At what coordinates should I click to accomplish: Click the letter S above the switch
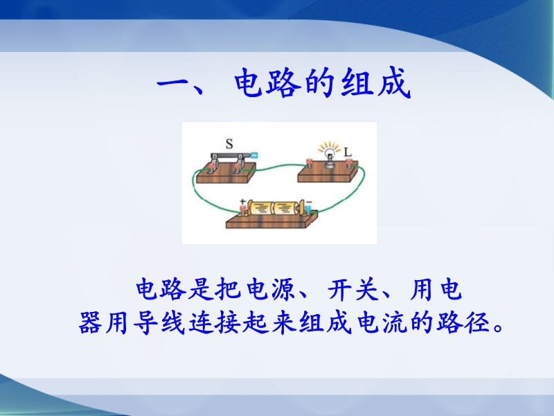[229, 144]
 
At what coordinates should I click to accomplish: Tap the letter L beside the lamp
[348, 152]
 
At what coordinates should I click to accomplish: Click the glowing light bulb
[330, 155]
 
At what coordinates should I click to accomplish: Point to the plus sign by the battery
[243, 202]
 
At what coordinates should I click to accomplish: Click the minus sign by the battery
[309, 202]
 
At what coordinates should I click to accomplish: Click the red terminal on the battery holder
[244, 210]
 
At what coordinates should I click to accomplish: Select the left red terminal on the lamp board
[309, 163]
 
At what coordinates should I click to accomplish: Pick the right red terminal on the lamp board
[350, 163]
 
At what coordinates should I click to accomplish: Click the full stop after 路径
[498, 327]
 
